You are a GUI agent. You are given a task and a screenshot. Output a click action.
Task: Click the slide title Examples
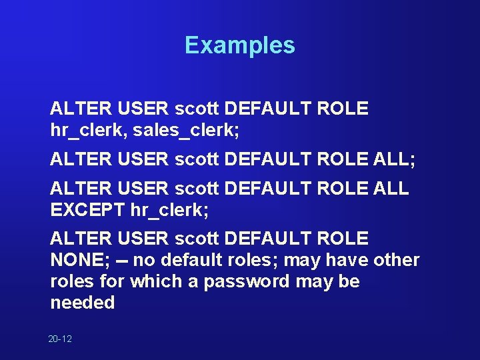(239, 45)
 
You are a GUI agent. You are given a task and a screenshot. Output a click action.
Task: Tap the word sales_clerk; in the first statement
(186, 130)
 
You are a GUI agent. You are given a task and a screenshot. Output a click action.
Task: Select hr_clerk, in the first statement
(89, 130)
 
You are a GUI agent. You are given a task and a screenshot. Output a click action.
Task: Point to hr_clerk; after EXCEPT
(170, 211)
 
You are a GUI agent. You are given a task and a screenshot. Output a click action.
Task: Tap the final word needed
(82, 303)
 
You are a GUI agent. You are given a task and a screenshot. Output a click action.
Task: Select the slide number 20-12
(60, 339)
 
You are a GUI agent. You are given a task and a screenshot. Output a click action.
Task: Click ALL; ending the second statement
(394, 160)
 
